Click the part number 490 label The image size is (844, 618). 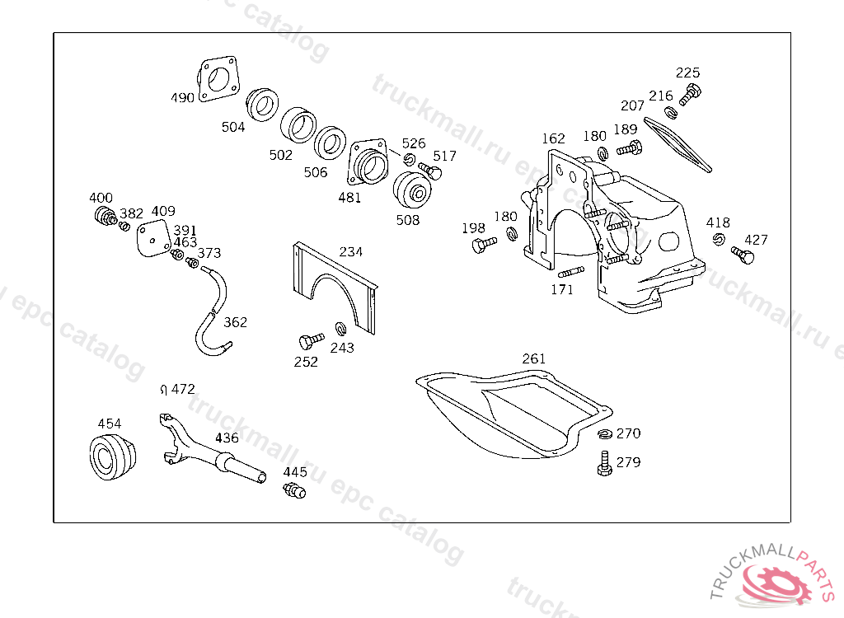pos(182,98)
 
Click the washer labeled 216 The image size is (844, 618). pos(671,113)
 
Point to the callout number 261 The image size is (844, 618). pos(533,358)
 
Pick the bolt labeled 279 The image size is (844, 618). pos(605,463)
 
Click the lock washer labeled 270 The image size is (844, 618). pos(605,433)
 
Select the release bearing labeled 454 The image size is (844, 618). pos(112,456)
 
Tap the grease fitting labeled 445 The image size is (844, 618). pos(294,490)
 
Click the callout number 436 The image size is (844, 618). pos(227,438)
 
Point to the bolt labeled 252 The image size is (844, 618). pos(311,340)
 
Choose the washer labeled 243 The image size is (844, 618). pos(340,328)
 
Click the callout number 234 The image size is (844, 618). pos(350,252)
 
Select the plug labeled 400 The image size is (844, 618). pos(105,215)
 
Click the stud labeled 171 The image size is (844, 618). pos(571,272)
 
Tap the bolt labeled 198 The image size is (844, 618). pos(484,245)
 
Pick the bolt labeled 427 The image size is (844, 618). pos(743,255)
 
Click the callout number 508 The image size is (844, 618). pos(407,220)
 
